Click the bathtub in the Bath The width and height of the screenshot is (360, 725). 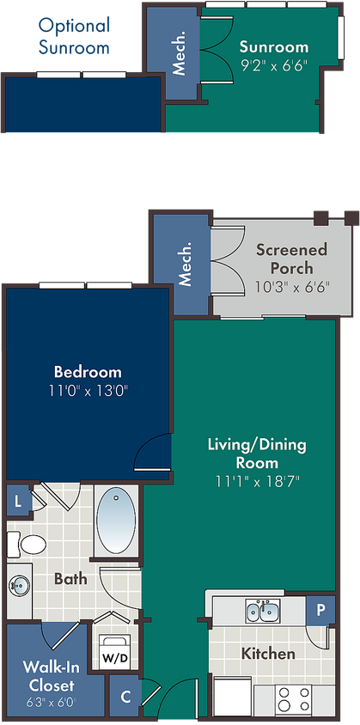point(116,521)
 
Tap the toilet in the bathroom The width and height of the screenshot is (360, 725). point(27,544)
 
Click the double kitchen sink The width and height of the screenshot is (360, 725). point(262,612)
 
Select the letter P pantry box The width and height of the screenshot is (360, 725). point(320,610)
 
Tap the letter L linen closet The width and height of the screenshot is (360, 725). point(18,502)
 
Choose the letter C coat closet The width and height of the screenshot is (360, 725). point(125,697)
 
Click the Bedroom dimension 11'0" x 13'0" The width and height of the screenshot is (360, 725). point(88,391)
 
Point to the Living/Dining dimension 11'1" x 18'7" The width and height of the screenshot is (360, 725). point(257,482)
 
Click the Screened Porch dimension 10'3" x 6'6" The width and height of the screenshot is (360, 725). point(292,287)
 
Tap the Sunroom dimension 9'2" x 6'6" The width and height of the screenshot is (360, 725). point(273,65)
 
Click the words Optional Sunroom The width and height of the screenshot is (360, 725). point(74,35)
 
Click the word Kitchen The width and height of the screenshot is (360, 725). point(268,654)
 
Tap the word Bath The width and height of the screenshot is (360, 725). point(70,578)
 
